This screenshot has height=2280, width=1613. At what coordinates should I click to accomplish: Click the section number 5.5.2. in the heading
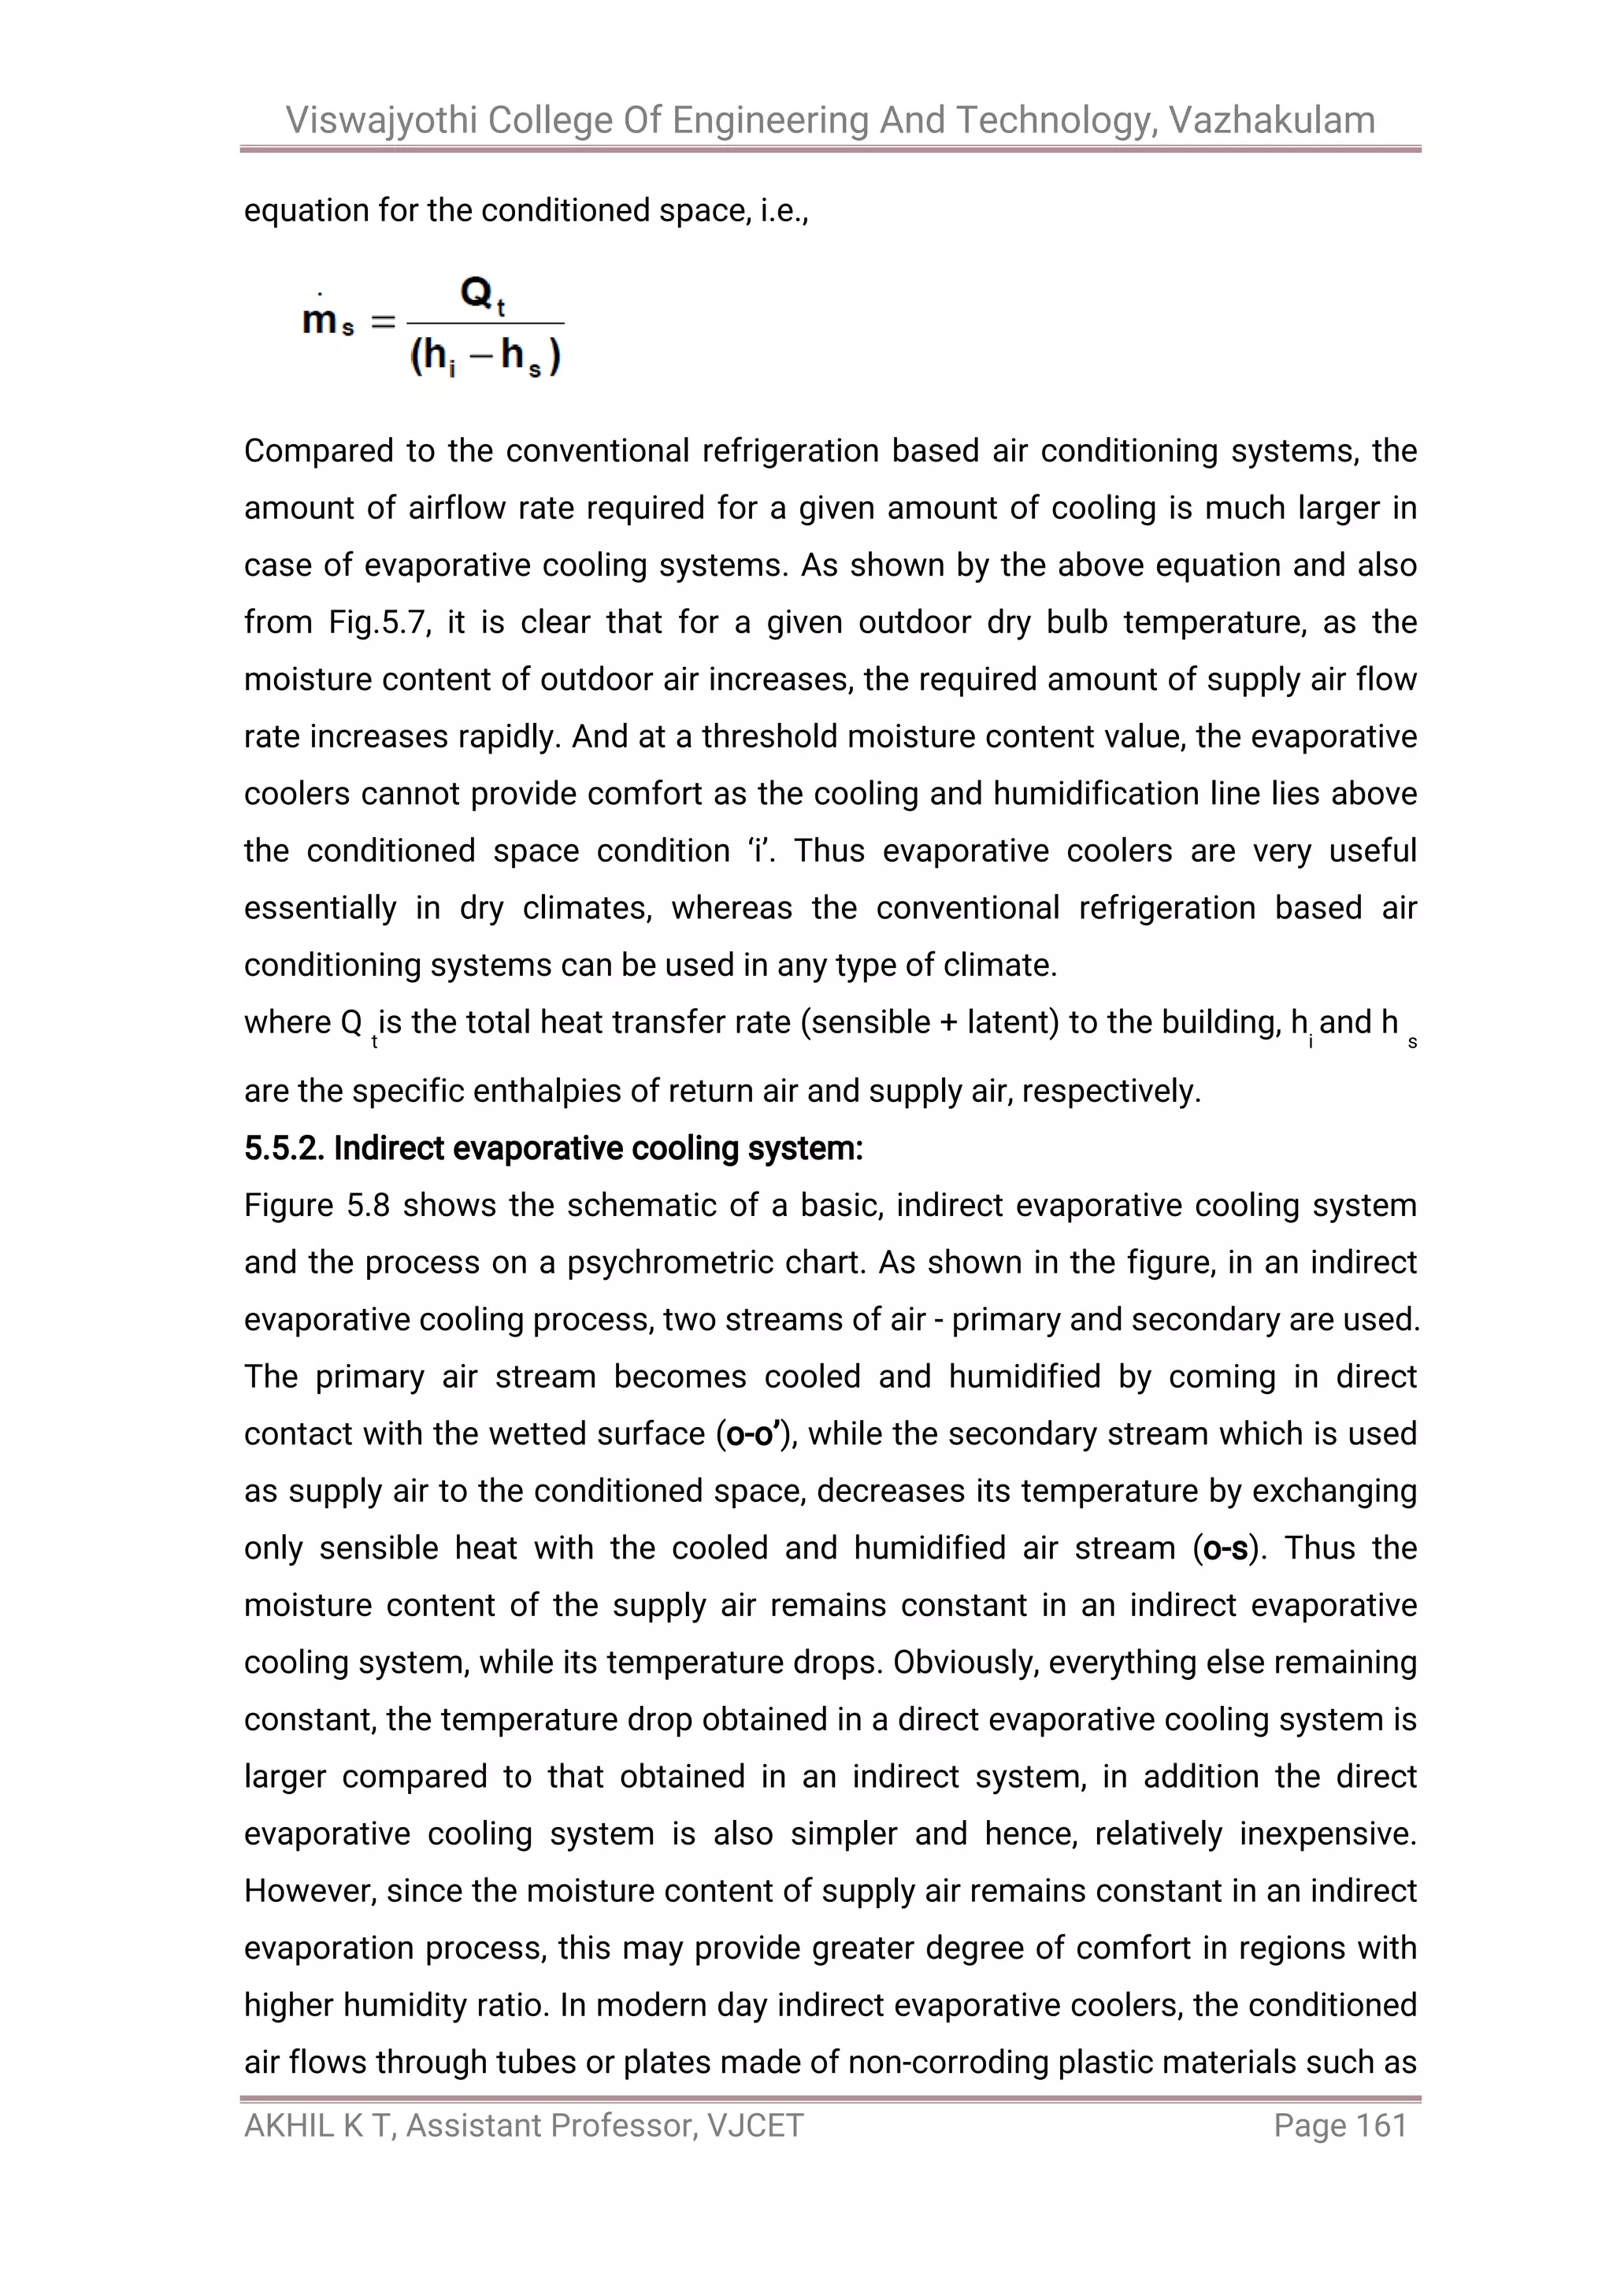tap(284, 1148)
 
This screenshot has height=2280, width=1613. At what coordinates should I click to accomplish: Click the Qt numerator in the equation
tap(483, 295)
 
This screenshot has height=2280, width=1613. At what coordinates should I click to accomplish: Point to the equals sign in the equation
tap(383, 322)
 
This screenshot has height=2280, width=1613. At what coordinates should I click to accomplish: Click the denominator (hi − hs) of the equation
tap(484, 357)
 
